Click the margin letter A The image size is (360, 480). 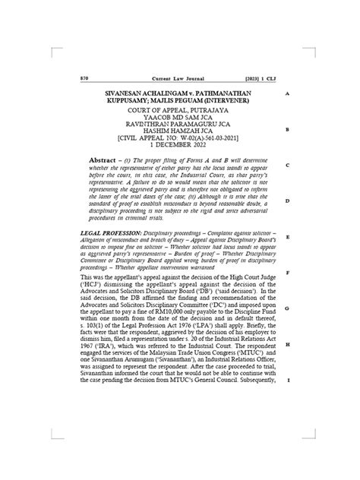coord(287,93)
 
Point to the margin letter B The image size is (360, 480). coord(287,129)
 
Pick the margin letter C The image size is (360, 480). coord(287,166)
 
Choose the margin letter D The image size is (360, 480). coord(287,201)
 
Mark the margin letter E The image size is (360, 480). coord(287,237)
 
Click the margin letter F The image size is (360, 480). coord(287,273)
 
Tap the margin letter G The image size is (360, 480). coord(287,308)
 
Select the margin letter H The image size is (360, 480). coord(287,344)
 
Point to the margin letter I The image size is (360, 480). coord(287,380)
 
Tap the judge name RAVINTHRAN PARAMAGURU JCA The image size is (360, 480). coord(175,126)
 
